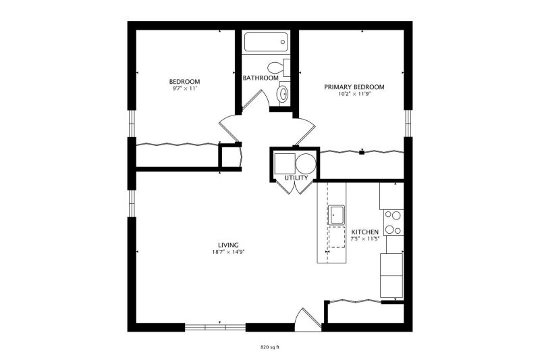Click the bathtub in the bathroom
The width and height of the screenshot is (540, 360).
(x=265, y=42)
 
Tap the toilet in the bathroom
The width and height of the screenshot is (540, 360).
(x=279, y=68)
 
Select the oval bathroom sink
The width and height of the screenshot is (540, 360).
(x=283, y=93)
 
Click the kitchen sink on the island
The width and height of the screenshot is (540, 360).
(x=336, y=215)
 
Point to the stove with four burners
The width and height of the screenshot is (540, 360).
(x=394, y=222)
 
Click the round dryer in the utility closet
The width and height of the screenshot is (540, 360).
(x=306, y=163)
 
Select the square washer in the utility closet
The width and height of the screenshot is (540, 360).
(x=284, y=163)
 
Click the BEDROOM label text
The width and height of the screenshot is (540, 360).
(x=184, y=82)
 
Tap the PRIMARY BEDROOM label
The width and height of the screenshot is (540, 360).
(x=354, y=87)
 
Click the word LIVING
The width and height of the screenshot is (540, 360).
(x=228, y=245)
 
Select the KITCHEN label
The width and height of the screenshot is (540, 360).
(x=364, y=232)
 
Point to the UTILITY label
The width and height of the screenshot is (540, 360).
(x=296, y=178)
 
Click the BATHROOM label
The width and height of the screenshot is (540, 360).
(x=261, y=78)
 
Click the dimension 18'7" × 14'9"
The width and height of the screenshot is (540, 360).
(x=228, y=252)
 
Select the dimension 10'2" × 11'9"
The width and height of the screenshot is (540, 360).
(x=354, y=94)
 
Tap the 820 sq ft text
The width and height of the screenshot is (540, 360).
(x=269, y=347)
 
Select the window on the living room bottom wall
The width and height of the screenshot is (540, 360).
(x=215, y=328)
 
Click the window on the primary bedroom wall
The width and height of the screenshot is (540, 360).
(x=408, y=124)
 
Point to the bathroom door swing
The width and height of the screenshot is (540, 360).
(x=255, y=99)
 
